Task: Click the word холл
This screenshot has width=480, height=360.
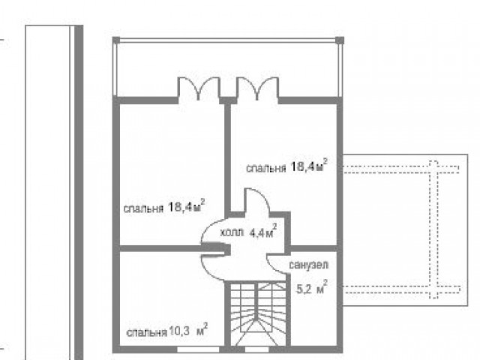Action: [232, 233]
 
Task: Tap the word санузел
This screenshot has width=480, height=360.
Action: [308, 265]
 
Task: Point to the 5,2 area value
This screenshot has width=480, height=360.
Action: [312, 287]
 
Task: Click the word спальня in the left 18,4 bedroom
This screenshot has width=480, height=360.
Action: [143, 208]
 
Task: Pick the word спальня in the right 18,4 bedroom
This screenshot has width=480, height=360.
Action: [266, 168]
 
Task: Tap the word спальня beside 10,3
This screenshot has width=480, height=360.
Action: [147, 333]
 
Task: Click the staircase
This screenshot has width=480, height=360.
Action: [257, 313]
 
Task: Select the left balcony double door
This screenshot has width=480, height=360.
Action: [199, 88]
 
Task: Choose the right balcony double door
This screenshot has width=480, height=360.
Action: [257, 88]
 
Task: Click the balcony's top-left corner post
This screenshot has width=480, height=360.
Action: [116, 40]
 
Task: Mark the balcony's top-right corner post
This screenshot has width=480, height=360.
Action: [340, 40]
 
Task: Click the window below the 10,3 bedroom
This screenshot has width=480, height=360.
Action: [198, 349]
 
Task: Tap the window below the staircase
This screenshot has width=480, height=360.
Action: [256, 349]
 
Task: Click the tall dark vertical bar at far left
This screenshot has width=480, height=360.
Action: [79, 192]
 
